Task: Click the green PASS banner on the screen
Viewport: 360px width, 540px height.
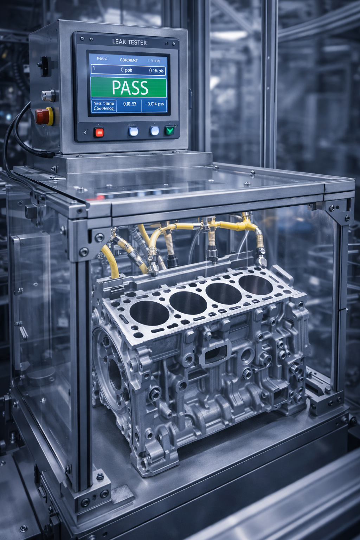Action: [128, 88]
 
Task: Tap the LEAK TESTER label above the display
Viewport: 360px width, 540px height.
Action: [129, 42]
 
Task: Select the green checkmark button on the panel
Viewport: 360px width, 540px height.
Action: [170, 131]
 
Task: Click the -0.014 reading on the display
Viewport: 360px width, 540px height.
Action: [154, 104]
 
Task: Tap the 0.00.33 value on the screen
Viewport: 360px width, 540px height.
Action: [130, 104]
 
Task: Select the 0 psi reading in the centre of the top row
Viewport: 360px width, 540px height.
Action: [126, 70]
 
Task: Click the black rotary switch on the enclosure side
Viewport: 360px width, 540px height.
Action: [45, 66]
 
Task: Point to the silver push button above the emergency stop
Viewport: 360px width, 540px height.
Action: [47, 95]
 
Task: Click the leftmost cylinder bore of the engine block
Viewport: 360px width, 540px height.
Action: [149, 313]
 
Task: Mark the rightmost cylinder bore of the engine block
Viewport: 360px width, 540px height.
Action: [256, 285]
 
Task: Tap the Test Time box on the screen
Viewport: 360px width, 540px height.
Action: [104, 106]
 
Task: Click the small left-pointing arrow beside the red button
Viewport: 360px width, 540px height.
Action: [85, 133]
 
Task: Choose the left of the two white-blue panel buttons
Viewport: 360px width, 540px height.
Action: [134, 131]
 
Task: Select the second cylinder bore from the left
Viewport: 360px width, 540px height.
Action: [188, 303]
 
